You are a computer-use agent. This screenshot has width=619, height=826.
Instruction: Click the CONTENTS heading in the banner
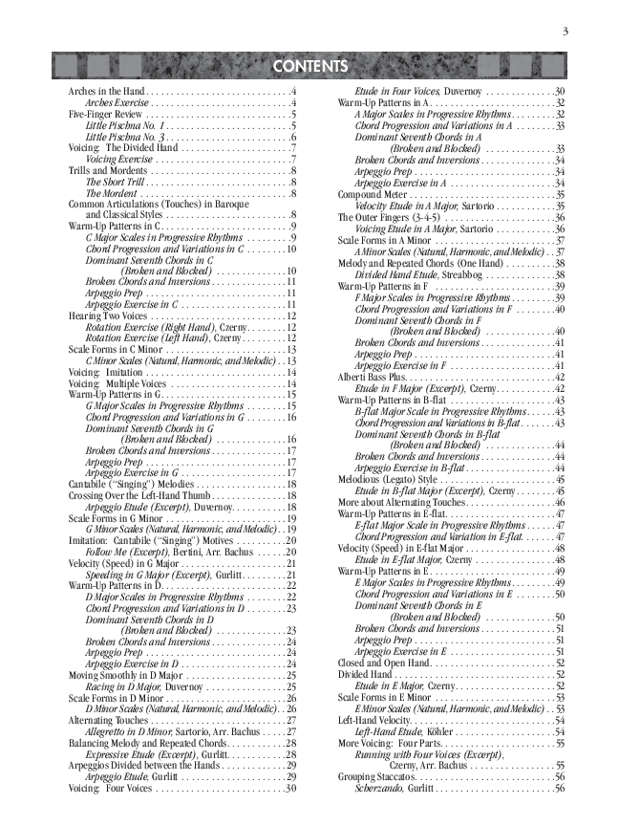pos(309,67)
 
